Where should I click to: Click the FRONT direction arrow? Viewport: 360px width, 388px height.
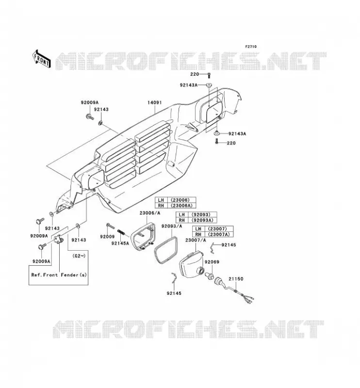42,59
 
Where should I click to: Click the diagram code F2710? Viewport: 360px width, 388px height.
251,47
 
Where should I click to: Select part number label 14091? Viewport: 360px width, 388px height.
154,102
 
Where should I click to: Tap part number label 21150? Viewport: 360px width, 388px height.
236,278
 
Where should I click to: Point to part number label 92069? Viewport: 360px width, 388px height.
212,262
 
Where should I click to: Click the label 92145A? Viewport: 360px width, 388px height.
120,243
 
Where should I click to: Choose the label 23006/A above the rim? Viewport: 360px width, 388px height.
150,213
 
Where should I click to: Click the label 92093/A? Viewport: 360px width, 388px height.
172,226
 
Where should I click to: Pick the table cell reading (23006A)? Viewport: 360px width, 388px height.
181,206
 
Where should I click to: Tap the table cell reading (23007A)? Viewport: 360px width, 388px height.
219,234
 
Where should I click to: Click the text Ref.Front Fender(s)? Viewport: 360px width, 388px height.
59,275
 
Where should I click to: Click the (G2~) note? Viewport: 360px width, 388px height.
79,256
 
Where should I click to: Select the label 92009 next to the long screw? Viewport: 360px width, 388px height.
107,237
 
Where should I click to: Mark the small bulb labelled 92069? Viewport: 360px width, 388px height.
210,275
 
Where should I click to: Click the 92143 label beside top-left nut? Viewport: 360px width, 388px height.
101,110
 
